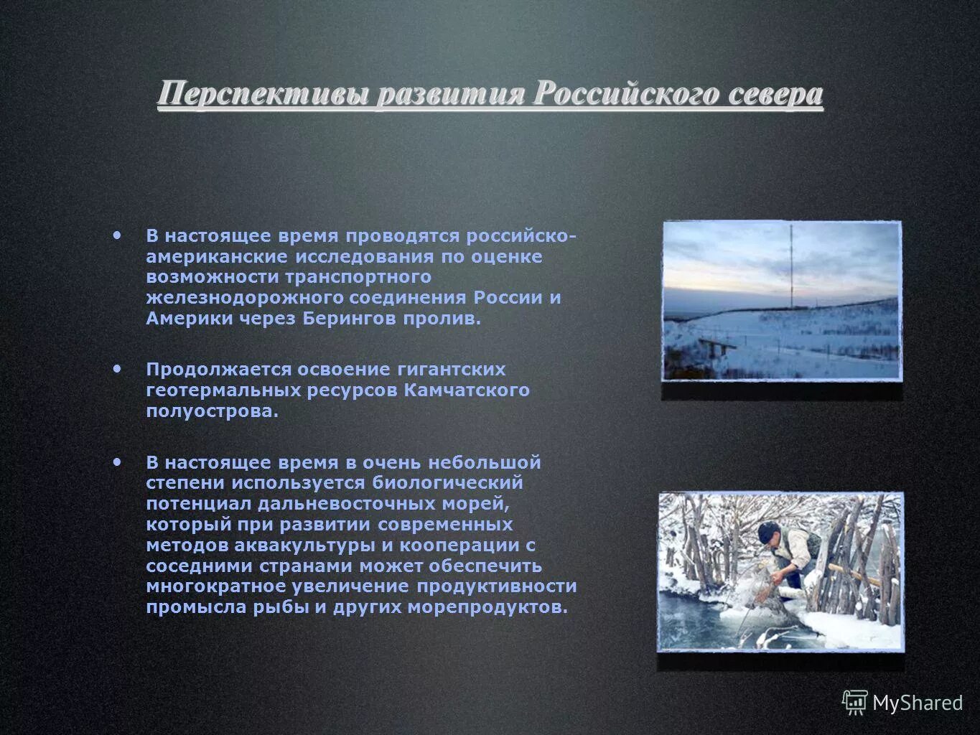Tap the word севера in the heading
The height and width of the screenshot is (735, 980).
(775, 95)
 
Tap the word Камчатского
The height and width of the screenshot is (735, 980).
(467, 390)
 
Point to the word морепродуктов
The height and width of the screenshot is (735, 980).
(487, 607)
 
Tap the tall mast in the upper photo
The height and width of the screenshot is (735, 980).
(792, 266)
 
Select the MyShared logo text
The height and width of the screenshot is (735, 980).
(917, 703)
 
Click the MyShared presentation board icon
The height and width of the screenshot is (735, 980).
(854, 703)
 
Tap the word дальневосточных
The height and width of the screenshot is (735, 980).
(343, 504)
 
